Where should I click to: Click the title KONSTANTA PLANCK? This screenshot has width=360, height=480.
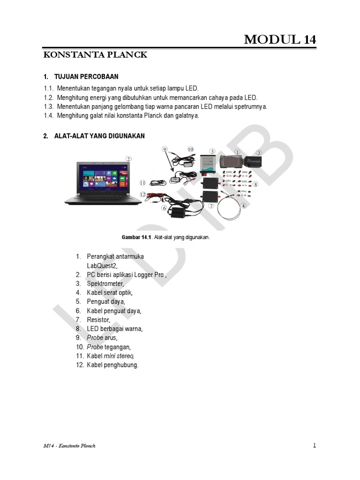coord(95,55)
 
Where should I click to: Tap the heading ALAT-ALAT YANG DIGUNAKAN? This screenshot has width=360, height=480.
coord(99,136)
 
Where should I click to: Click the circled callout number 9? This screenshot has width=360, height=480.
coord(165,149)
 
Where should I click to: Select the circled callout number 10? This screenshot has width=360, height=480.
coord(190,149)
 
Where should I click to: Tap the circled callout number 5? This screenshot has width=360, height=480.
coord(212,151)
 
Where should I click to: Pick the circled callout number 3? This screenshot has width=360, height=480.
coord(259,152)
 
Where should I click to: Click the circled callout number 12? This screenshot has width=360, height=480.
coord(143,194)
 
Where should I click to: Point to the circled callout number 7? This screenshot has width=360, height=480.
coord(211,206)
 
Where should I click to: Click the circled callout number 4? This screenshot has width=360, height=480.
coord(243,205)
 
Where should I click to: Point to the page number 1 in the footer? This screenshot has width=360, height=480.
coord(315,445)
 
